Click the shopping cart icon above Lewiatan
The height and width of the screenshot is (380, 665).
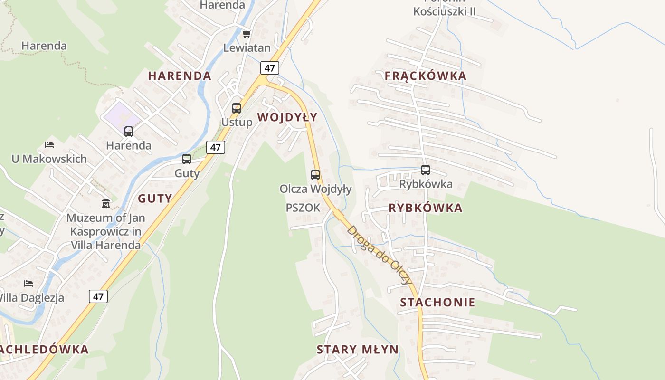[247, 34]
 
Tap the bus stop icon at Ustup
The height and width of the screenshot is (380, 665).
[237, 108]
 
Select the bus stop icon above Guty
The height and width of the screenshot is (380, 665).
[187, 159]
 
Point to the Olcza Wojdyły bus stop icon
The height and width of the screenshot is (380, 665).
[315, 175]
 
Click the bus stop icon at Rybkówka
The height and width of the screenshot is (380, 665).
[426, 170]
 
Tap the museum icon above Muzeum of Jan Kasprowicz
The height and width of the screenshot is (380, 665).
[105, 204]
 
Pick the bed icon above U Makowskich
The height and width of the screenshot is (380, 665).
[49, 144]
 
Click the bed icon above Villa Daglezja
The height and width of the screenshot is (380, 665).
[28, 284]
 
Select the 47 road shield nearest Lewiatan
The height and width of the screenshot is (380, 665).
[269, 68]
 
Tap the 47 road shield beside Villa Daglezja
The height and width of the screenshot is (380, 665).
[98, 296]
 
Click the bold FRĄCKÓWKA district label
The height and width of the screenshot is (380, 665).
[425, 76]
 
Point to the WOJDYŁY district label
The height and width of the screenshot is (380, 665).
[287, 117]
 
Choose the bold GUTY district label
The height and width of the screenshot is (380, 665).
[155, 199]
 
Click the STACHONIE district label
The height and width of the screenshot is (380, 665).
[437, 303]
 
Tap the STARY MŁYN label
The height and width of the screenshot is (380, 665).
[357, 350]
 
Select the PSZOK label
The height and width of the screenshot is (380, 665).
[303, 208]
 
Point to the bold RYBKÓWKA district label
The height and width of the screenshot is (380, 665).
[425, 208]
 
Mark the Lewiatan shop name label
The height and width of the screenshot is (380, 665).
[247, 48]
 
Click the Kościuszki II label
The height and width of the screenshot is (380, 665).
[444, 11]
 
